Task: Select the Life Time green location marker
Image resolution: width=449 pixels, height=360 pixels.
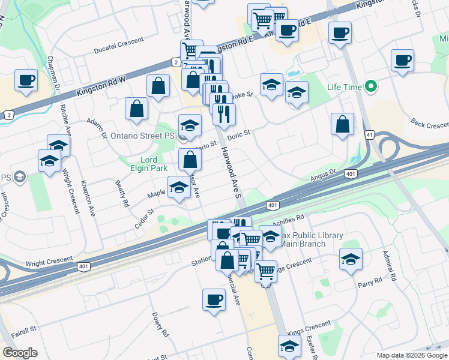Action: click(x=370, y=87)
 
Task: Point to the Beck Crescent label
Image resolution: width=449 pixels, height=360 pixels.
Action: click(x=430, y=124)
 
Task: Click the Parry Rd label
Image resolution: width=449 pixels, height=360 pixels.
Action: click(x=370, y=281)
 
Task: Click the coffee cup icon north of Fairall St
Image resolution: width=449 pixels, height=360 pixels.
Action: click(x=214, y=299)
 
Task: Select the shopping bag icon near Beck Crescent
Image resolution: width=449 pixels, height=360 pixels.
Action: click(x=342, y=124)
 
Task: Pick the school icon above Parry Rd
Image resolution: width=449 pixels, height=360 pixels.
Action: click(x=351, y=258)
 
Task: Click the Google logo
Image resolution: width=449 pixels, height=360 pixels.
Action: click(x=20, y=352)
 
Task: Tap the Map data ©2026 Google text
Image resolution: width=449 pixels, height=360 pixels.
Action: click(x=412, y=355)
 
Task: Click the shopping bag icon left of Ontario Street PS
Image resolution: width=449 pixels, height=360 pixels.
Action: click(x=137, y=109)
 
